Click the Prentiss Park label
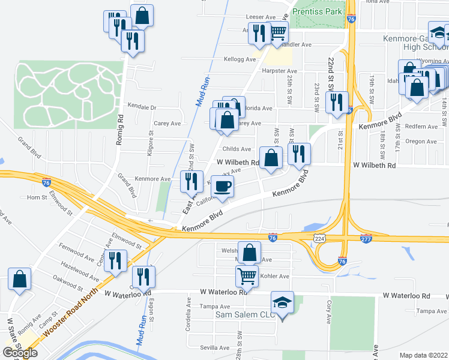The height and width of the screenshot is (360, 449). pos(316,11)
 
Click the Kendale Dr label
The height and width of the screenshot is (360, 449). pos(142,107)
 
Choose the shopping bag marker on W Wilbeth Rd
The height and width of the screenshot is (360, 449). pos(271,158)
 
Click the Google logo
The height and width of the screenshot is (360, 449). pos(19,353)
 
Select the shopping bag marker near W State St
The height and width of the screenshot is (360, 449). pos(20,279)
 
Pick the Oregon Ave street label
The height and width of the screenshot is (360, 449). pos(421,142)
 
